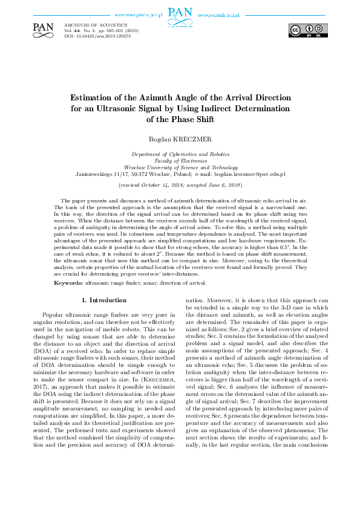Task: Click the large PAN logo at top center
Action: click(x=180, y=13)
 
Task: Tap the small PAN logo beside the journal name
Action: click(x=44, y=28)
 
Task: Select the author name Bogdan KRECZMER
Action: click(x=180, y=140)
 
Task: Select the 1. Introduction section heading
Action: click(x=103, y=300)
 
